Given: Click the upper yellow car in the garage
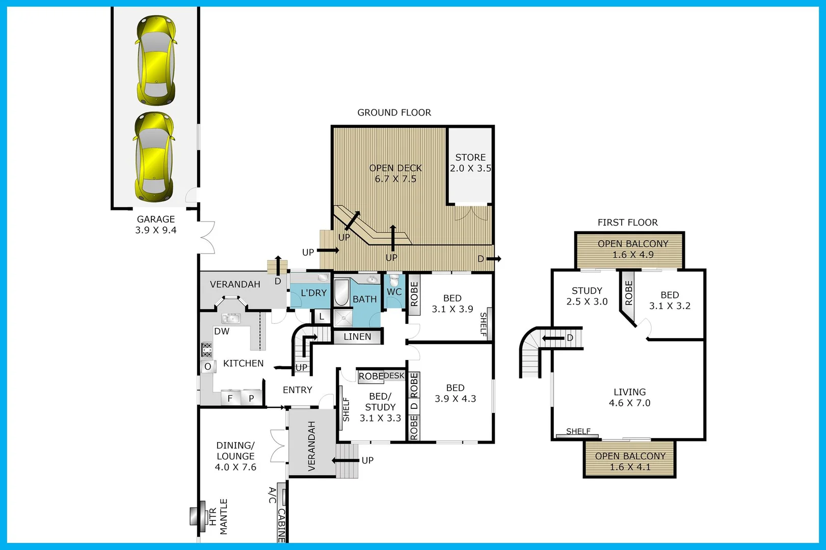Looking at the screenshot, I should click(x=156, y=60).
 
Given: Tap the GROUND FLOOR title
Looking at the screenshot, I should click(x=394, y=113).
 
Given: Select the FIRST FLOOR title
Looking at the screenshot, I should click(x=627, y=223).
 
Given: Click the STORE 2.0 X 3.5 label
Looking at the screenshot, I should click(x=470, y=163).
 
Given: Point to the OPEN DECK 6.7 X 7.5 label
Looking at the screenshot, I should click(x=395, y=173).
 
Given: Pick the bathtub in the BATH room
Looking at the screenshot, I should click(x=341, y=292).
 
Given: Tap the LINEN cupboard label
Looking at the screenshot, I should click(x=357, y=337).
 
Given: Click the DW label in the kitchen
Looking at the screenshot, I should click(x=222, y=332).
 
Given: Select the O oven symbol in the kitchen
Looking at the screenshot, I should click(x=207, y=367).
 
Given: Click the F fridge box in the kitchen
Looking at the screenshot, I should click(x=230, y=398).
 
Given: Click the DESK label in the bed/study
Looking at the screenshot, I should click(x=394, y=376).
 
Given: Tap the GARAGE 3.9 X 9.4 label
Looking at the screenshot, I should click(x=156, y=225).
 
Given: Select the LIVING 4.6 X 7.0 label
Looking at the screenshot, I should click(x=629, y=397).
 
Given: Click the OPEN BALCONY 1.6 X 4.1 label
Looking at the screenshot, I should click(x=630, y=461).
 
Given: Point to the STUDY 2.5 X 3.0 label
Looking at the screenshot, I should click(x=587, y=296).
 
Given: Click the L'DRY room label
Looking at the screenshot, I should click(x=313, y=293).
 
